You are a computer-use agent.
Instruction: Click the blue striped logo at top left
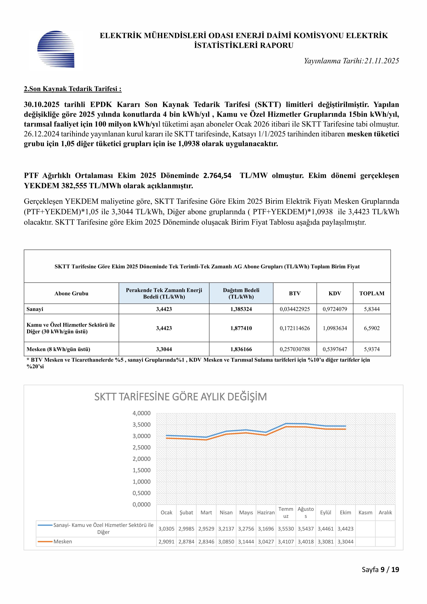click(56, 49)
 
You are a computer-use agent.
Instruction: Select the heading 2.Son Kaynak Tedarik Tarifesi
click(73, 89)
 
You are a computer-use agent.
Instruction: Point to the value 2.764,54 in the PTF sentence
click(217, 175)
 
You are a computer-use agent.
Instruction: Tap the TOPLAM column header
click(372, 293)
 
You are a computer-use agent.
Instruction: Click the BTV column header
click(295, 293)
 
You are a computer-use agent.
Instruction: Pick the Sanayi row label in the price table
click(35, 309)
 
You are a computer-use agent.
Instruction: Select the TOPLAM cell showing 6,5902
click(372, 328)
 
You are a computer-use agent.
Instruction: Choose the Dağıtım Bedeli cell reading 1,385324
click(241, 309)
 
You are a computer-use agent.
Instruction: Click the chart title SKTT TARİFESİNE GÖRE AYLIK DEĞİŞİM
click(181, 397)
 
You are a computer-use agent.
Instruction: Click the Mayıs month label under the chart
click(246, 512)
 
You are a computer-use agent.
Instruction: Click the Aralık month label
click(385, 512)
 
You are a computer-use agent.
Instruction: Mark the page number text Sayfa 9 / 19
click(380, 570)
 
